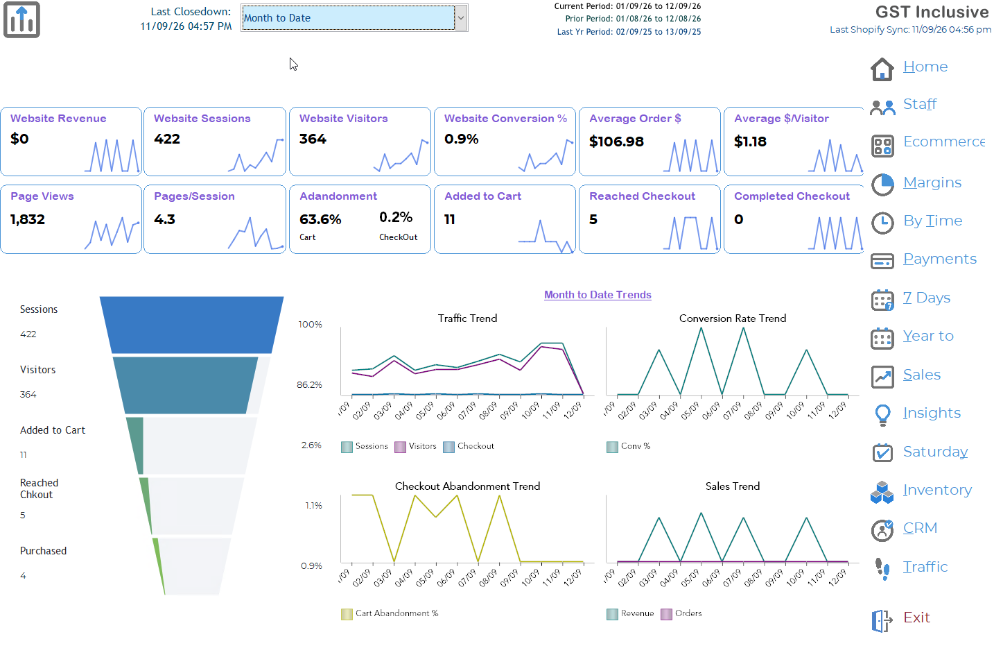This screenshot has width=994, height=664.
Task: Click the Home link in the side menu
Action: [925, 67]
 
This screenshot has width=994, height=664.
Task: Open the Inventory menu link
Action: [937, 490]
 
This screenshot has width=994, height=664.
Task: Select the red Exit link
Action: [916, 618]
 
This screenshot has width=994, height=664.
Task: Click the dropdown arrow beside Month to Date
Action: [461, 18]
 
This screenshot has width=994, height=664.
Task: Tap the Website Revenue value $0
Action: [19, 139]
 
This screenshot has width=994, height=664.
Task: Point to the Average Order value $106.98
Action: [616, 142]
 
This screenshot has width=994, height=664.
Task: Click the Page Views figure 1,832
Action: [28, 219]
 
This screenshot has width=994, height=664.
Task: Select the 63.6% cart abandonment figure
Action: [320, 219]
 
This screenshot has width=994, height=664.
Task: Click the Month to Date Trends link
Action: [598, 295]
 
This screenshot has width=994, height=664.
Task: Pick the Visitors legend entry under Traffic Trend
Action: [415, 446]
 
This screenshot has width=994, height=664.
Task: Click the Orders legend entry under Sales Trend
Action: [681, 614]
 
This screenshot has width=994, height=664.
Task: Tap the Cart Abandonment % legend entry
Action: [390, 614]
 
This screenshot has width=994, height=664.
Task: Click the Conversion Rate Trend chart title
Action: [732, 318]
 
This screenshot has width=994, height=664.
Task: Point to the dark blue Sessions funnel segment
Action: [192, 325]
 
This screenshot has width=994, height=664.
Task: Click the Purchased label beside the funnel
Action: [43, 551]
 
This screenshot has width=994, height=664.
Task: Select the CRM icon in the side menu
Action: [882, 530]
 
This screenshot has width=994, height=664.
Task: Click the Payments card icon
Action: [882, 261]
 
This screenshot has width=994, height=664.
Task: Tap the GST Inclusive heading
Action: [932, 12]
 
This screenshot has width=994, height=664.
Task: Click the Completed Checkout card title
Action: [792, 196]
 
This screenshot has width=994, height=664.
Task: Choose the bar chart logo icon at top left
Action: [21, 20]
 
